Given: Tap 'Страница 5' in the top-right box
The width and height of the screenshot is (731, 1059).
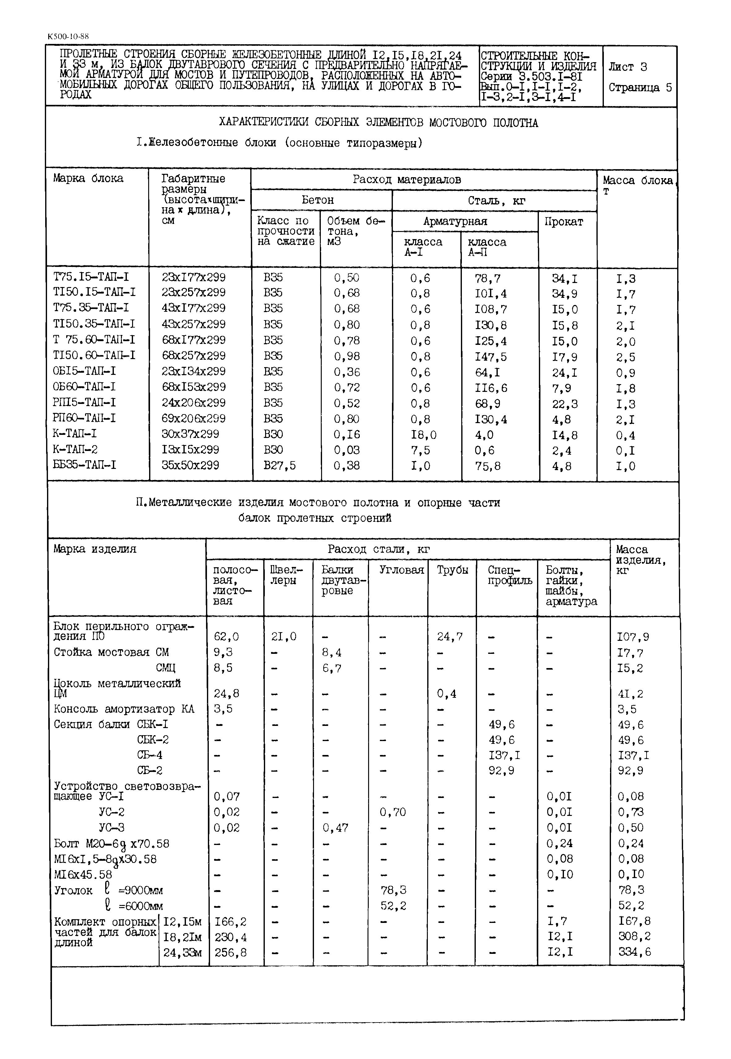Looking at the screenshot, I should (x=640, y=88).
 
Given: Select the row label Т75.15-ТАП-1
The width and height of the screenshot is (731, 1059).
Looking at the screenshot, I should (x=91, y=277).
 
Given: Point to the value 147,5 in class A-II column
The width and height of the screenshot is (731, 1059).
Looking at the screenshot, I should (x=491, y=357).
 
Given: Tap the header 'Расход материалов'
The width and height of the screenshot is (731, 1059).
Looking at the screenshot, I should (x=407, y=180).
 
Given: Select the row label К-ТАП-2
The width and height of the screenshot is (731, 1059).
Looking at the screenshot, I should (x=75, y=450).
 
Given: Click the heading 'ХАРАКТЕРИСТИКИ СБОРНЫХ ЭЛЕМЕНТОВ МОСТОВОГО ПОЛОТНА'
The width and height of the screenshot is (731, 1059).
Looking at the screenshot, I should (x=378, y=123).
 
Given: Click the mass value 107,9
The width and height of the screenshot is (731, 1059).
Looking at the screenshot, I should (x=633, y=637).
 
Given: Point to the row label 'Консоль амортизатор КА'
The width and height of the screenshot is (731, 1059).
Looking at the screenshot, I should (x=124, y=709).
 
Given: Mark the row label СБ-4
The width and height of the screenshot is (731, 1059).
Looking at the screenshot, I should (x=149, y=755).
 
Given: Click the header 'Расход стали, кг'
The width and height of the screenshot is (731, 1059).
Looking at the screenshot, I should (x=378, y=549).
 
